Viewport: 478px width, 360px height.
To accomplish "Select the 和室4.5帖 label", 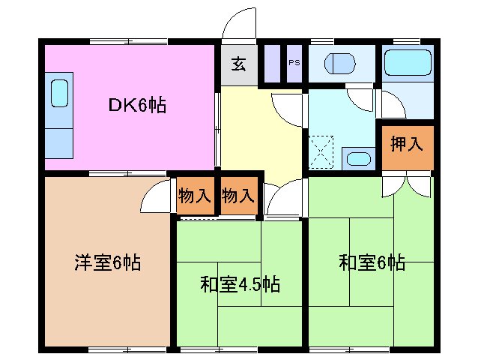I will pos(240,285).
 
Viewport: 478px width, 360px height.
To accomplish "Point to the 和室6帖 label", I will pos(372,262).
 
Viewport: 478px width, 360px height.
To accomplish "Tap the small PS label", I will pos(294,63).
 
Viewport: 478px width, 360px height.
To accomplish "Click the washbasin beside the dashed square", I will pos(357,157).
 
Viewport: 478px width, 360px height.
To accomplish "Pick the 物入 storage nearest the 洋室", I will pos(194,196).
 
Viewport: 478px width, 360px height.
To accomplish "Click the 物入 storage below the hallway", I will pos(238,196).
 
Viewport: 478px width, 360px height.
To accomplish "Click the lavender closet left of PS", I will pos(272,63).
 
